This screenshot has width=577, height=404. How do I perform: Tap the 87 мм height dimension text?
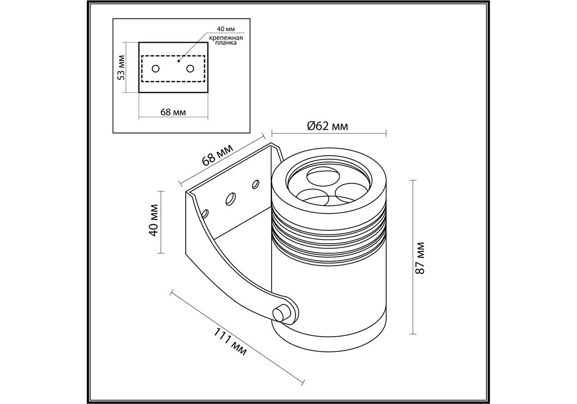point(420,258)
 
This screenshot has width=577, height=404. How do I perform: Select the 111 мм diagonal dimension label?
point(230,342)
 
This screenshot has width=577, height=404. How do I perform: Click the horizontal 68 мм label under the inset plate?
point(173,112)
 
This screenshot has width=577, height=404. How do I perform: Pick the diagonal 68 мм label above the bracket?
point(218,154)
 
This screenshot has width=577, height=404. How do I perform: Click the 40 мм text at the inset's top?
point(225,29)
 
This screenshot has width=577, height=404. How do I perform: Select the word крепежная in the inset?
point(226,38)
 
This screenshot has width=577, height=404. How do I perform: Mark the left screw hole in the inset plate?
point(155,68)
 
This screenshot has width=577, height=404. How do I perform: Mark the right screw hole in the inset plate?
point(190,68)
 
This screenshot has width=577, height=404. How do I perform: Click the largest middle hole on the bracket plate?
point(231,199)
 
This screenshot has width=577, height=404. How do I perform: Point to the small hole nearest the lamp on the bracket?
point(255,184)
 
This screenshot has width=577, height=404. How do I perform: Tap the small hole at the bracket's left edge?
point(205,213)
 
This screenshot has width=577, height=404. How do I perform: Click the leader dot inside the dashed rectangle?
point(179,61)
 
